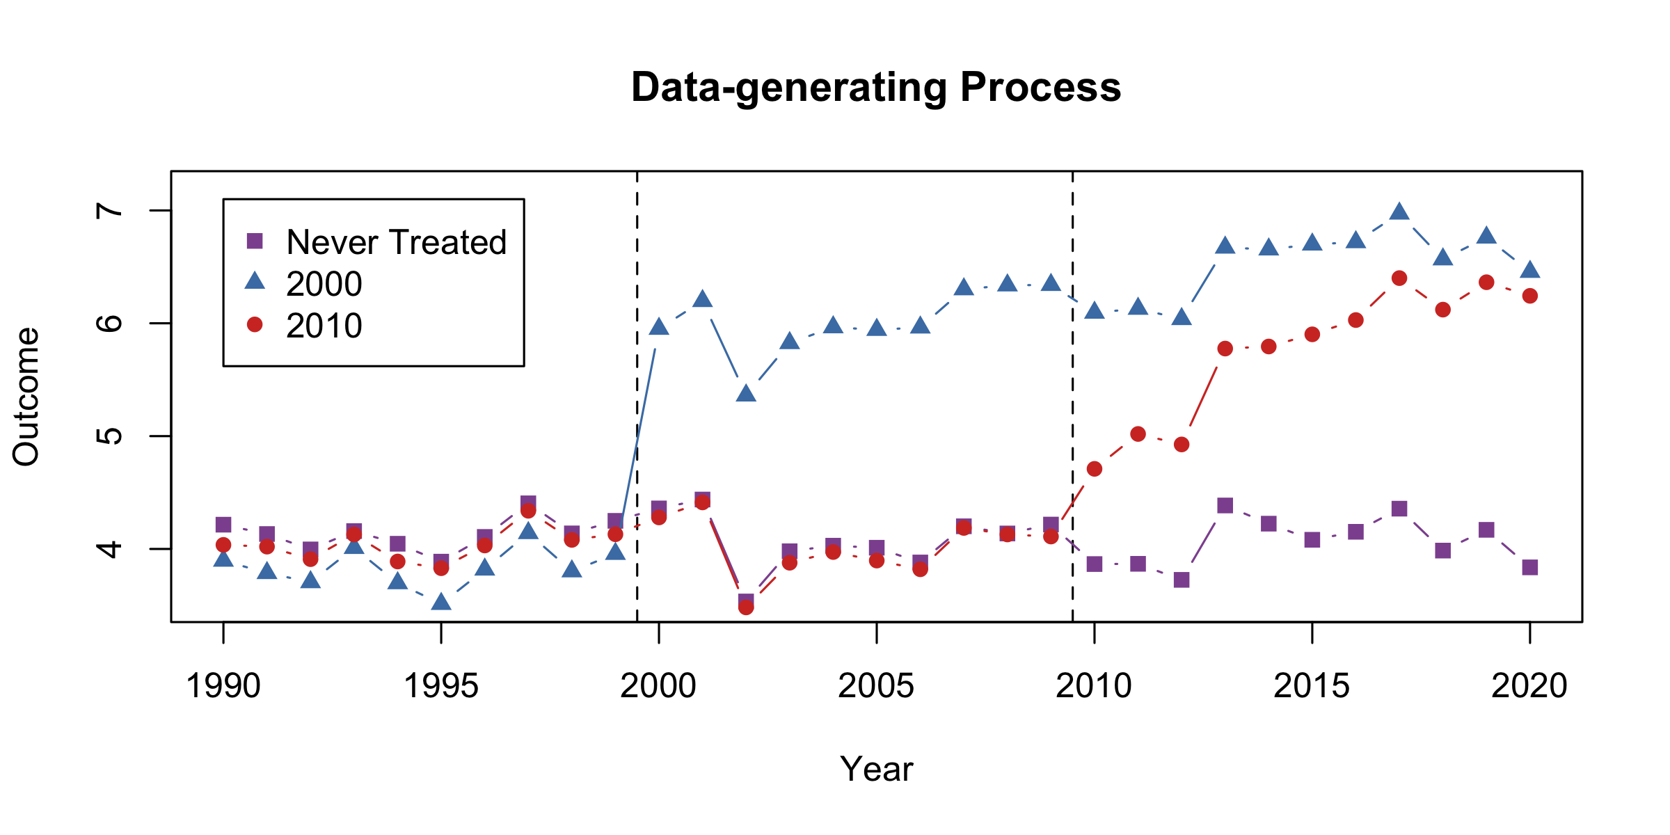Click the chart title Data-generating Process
pyautogui.click(x=875, y=88)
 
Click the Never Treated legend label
pyautogui.click(x=396, y=242)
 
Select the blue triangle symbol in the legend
pyautogui.click(x=255, y=281)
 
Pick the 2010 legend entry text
pyautogui.click(x=324, y=326)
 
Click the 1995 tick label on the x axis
pyautogui.click(x=440, y=686)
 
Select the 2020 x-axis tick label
pyautogui.click(x=1529, y=686)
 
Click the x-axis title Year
pyautogui.click(x=875, y=769)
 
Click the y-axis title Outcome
pyautogui.click(x=26, y=396)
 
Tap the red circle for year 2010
pyautogui.click(x=1094, y=469)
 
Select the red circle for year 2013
pyautogui.click(x=1225, y=349)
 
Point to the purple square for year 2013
pyautogui.click(x=1225, y=505)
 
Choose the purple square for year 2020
pyautogui.click(x=1529, y=567)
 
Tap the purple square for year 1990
pyautogui.click(x=223, y=524)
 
